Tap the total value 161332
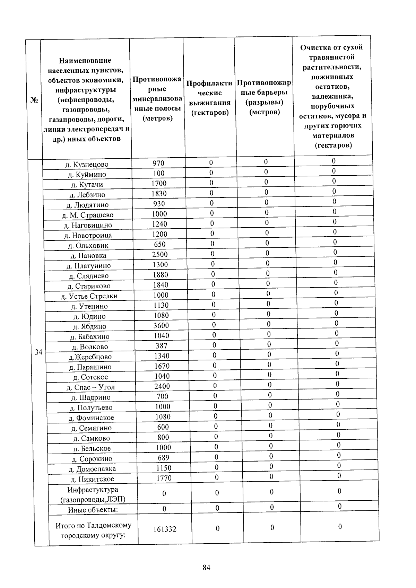click(x=165, y=529)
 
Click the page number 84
click(x=207, y=568)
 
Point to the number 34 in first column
click(x=38, y=352)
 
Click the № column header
click(x=34, y=100)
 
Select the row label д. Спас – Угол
click(x=90, y=387)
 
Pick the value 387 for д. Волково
click(x=162, y=345)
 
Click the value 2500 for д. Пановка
click(x=160, y=254)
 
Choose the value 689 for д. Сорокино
click(x=163, y=457)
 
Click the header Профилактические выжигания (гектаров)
click(x=209, y=98)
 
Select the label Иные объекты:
click(x=93, y=510)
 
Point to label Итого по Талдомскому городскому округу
click(x=93, y=530)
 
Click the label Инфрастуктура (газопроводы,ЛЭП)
click(x=93, y=494)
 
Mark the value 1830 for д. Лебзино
click(x=159, y=193)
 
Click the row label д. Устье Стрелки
click(x=89, y=296)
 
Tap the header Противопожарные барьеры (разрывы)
click(x=264, y=97)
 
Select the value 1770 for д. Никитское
click(x=164, y=478)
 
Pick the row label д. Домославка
click(x=92, y=469)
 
